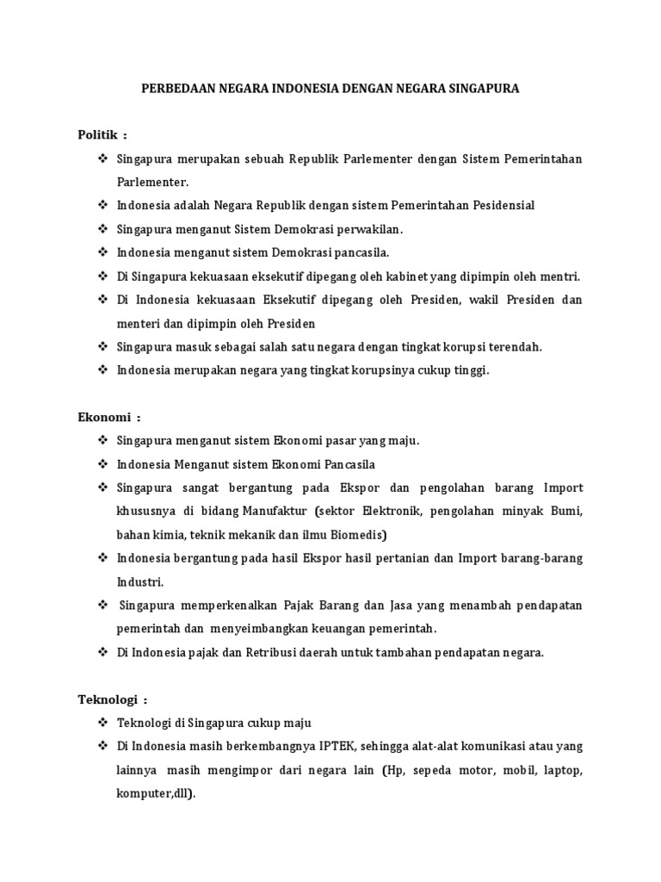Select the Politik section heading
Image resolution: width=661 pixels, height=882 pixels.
[x=99, y=135]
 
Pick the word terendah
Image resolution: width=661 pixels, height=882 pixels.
[x=514, y=346]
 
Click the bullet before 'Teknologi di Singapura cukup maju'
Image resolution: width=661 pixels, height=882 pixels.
[x=103, y=722]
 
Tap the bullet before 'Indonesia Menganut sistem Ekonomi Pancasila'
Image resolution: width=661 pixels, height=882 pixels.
[x=103, y=463]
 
